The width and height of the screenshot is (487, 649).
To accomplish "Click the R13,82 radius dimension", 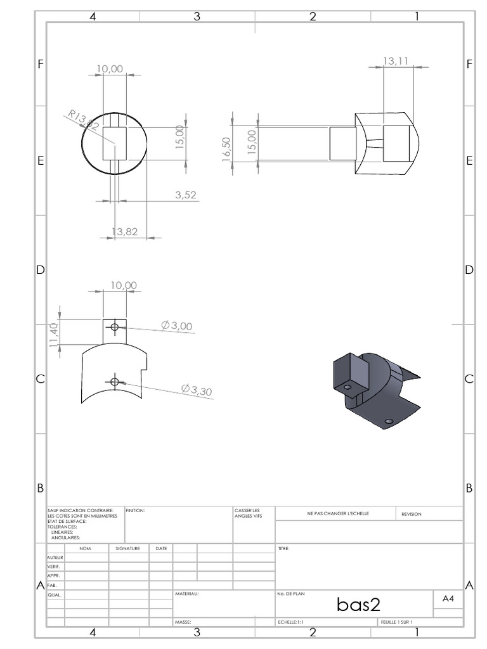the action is [x=84, y=120].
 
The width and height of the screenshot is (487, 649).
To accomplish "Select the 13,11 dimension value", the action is [x=396, y=61].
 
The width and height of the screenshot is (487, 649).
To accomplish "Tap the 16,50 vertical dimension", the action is [x=226, y=149].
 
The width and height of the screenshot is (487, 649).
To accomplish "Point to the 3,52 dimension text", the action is [x=186, y=195].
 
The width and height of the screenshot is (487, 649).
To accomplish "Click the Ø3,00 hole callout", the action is [x=177, y=325].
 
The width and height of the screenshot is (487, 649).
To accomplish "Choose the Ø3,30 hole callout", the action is [x=197, y=390].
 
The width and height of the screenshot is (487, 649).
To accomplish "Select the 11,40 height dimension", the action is [x=54, y=335].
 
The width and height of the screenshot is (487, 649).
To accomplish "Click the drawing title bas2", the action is [x=358, y=604].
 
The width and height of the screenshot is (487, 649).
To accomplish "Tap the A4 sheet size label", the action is [x=448, y=598].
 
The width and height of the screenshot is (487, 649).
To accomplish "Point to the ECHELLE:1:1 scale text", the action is [x=290, y=622].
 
